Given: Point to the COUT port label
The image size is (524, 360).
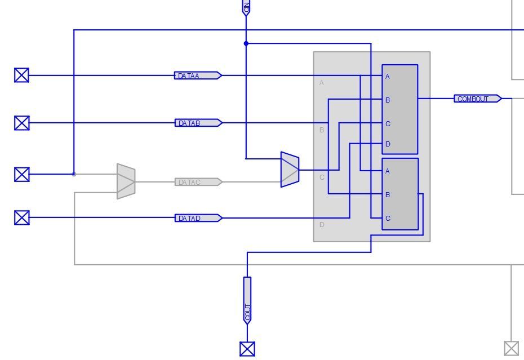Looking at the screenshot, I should pyautogui.click(x=247, y=300).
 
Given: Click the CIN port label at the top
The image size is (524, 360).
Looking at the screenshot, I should pyautogui.click(x=246, y=7).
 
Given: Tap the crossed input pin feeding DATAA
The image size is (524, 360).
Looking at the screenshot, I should pyautogui.click(x=21, y=75).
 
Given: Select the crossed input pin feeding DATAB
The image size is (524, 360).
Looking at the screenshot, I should pyautogui.click(x=21, y=123).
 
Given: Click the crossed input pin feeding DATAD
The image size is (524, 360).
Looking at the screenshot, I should pyautogui.click(x=21, y=217).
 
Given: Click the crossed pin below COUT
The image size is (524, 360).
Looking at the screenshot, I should pyautogui.click(x=247, y=349).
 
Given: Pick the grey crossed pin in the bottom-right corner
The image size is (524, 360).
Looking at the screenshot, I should pyautogui.click(x=511, y=348).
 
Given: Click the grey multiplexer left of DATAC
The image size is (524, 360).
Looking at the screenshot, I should pyautogui.click(x=126, y=181).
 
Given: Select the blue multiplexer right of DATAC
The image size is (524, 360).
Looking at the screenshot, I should pyautogui.click(x=290, y=169).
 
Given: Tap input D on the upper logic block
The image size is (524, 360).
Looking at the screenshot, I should pyautogui.click(x=388, y=144).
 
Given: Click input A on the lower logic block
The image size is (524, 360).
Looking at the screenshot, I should pyautogui.click(x=388, y=171).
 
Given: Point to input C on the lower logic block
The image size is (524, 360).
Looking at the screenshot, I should pyautogui.click(x=388, y=219).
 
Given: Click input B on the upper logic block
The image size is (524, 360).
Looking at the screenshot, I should pyautogui.click(x=388, y=100).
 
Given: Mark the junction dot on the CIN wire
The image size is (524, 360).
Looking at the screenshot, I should pyautogui.click(x=246, y=43).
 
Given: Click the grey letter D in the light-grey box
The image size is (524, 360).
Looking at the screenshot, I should pyautogui.click(x=322, y=225).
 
